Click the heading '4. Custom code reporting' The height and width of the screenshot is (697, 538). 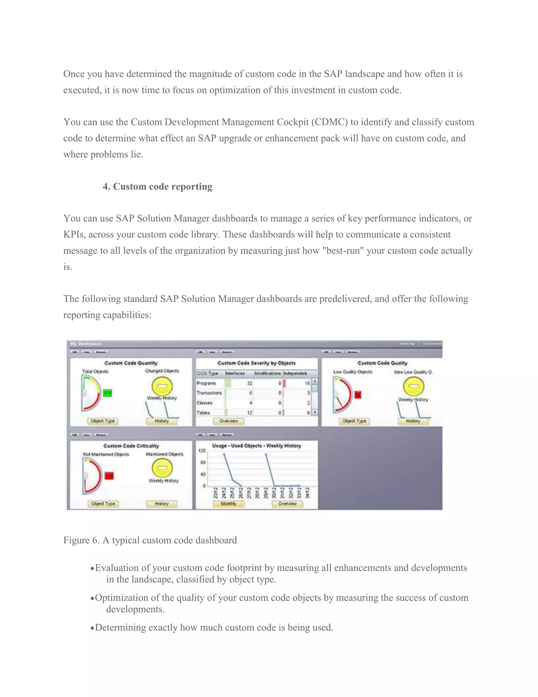tap(157, 186)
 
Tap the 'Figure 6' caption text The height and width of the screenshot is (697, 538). tap(150, 540)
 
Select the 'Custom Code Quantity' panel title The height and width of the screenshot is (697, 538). tap(131, 363)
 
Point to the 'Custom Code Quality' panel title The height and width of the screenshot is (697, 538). tap(382, 363)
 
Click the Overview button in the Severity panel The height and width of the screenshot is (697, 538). tap(229, 421)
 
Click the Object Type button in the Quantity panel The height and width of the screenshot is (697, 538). tap(103, 421)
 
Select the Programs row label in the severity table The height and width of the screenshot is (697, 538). tap(206, 383)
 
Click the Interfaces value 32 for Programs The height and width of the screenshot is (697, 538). tap(250, 383)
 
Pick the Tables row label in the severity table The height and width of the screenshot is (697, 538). tap(203, 413)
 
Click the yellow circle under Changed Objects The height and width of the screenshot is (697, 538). tap(162, 386)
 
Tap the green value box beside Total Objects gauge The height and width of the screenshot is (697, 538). tap(108, 393)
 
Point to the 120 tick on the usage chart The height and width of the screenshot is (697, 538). tap(202, 451)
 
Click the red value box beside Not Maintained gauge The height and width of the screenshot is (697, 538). tap(109, 476)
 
